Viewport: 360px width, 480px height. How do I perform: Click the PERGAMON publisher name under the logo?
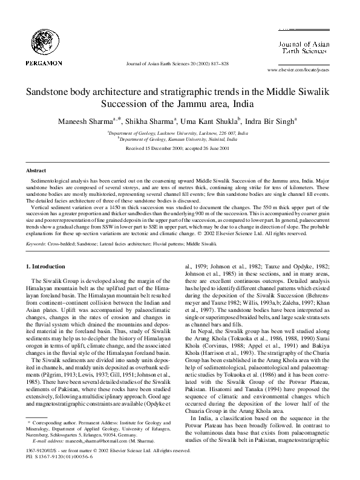(41, 62)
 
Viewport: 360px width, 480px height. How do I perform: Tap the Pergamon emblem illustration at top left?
(41, 37)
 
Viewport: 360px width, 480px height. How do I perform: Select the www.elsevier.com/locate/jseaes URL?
(299, 70)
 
